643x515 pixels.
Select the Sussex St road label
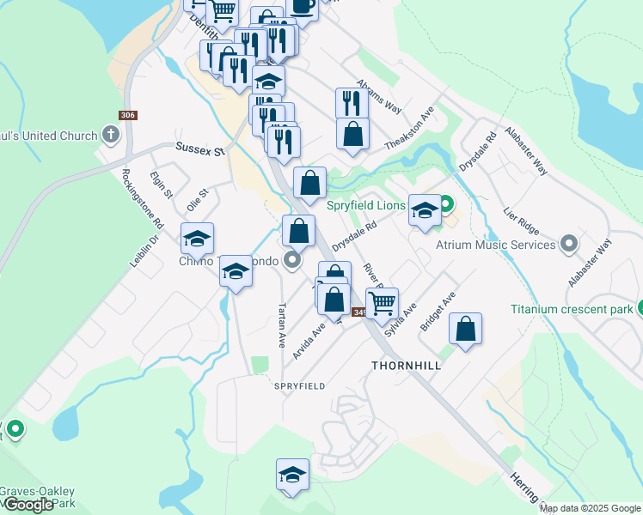pyautogui.click(x=199, y=148)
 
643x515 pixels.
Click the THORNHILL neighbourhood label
pyautogui.click(x=406, y=366)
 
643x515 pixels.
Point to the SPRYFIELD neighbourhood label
pyautogui.click(x=299, y=386)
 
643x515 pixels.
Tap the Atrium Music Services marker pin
pyautogui.click(x=567, y=245)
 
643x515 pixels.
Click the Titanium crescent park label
pyautogui.click(x=570, y=309)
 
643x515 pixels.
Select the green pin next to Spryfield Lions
pyautogui.click(x=446, y=205)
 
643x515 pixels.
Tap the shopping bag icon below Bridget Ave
pyautogui.click(x=465, y=330)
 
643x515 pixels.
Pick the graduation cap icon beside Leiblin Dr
pyautogui.click(x=197, y=239)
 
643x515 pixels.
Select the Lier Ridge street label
pyautogui.click(x=522, y=223)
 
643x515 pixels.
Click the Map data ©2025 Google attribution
pyautogui.click(x=590, y=508)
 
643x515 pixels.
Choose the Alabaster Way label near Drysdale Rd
pyautogui.click(x=527, y=154)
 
